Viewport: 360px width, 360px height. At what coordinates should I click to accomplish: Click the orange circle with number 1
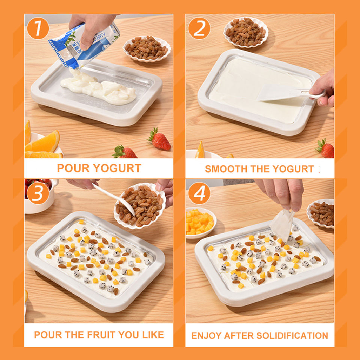pyautogui.click(x=38, y=28)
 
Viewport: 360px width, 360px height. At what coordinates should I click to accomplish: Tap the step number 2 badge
pyautogui.click(x=199, y=28)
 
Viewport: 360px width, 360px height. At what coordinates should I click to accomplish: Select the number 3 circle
pyautogui.click(x=38, y=193)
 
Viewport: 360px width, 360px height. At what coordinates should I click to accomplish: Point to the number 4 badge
pyautogui.click(x=199, y=193)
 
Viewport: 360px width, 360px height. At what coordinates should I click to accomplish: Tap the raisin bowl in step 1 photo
pyautogui.click(x=147, y=49)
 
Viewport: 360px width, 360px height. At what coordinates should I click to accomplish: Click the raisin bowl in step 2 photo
pyautogui.click(x=246, y=32)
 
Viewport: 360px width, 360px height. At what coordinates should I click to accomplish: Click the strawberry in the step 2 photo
pyautogui.click(x=325, y=149)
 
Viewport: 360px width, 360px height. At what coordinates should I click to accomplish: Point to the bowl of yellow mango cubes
pyautogui.click(x=200, y=222)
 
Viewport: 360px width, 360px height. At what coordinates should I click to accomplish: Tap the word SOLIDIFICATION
pyautogui.click(x=292, y=336)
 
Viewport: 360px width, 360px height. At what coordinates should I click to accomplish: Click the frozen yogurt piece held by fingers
pyautogui.click(x=282, y=225)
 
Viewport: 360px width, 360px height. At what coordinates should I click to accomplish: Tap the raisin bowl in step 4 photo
pyautogui.click(x=321, y=213)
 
